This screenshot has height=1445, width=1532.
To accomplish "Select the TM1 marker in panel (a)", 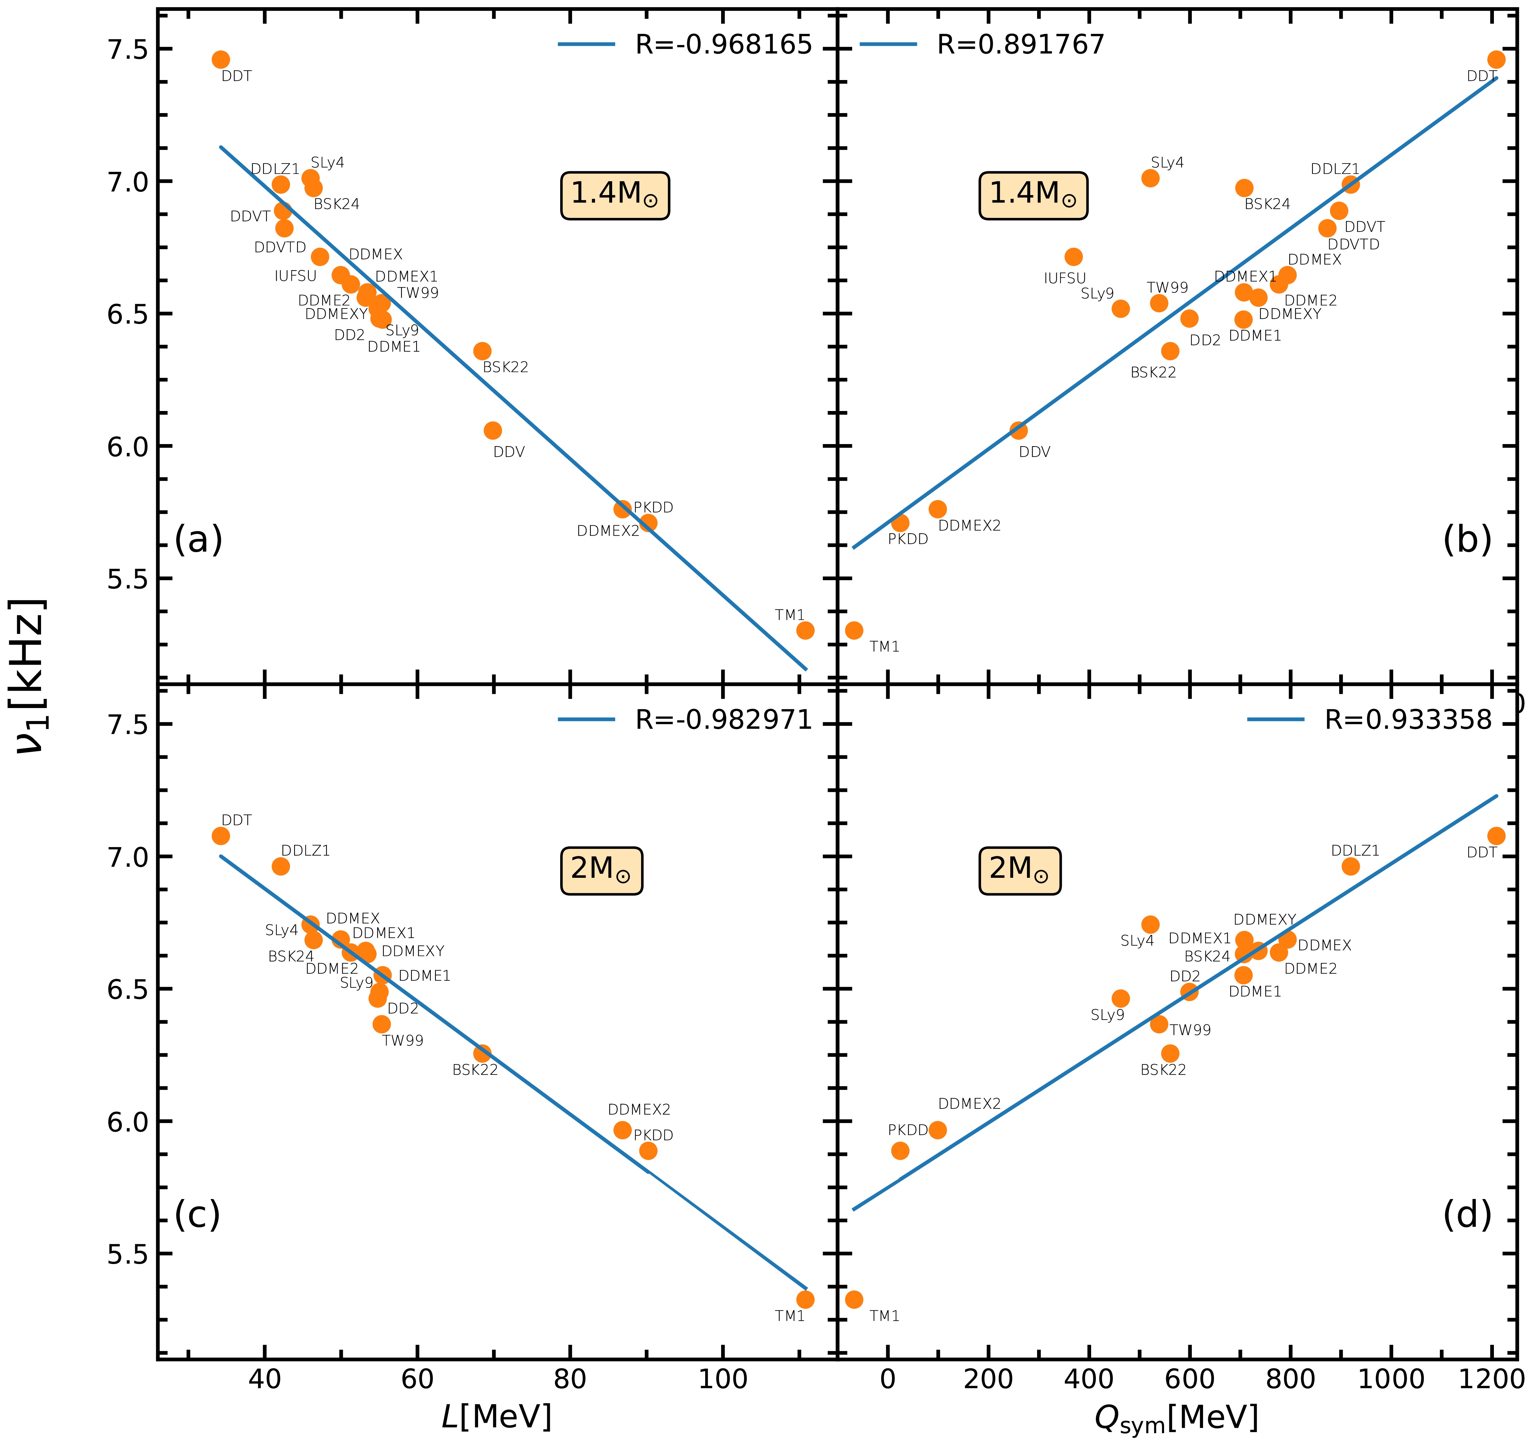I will coord(804,630).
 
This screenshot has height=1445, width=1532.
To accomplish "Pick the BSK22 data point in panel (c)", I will coord(483,1053).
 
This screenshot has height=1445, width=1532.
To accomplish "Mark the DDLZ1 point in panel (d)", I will coord(1350,866).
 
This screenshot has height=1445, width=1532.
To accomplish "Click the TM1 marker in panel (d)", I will coord(854,1299).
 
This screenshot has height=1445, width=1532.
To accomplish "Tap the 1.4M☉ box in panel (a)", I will coord(614,196).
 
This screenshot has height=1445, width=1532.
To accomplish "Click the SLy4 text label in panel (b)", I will coord(1167,163).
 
